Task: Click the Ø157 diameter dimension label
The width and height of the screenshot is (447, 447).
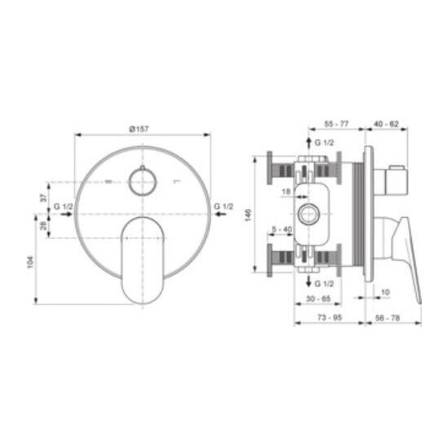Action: pyautogui.click(x=139, y=129)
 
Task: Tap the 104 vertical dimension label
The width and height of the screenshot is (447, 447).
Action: pyautogui.click(x=30, y=263)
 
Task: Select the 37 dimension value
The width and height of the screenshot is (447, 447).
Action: pyautogui.click(x=43, y=198)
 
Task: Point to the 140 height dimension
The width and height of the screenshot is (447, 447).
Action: pyautogui.click(x=248, y=215)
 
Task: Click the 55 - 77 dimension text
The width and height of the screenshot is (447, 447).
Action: pyautogui.click(x=336, y=124)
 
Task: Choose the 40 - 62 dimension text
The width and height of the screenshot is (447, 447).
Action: pyautogui.click(x=387, y=124)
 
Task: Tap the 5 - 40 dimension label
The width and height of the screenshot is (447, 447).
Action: pyautogui.click(x=282, y=229)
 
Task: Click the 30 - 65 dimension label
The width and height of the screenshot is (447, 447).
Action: pyautogui.click(x=318, y=299)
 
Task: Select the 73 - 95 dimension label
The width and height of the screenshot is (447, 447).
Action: pyautogui.click(x=330, y=317)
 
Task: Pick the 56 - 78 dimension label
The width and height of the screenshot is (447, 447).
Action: pyautogui.click(x=387, y=317)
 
